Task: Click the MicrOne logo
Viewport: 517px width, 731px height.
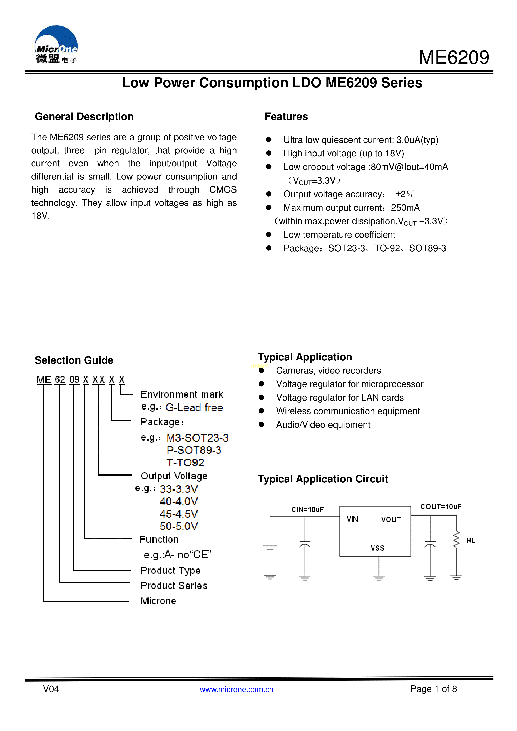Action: click(x=56, y=45)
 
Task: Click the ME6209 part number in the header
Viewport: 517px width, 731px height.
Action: click(x=454, y=58)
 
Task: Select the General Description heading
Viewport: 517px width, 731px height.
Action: click(x=84, y=116)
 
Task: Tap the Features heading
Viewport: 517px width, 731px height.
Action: click(x=286, y=116)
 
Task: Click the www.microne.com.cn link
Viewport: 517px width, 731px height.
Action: click(x=237, y=689)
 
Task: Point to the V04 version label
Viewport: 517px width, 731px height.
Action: click(x=51, y=689)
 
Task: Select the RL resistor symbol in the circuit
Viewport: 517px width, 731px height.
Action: click(x=457, y=539)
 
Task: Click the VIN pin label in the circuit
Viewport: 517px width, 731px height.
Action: click(x=352, y=519)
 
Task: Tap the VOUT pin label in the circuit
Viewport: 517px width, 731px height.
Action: click(x=391, y=519)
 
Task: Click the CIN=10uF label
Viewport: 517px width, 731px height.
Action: click(x=307, y=509)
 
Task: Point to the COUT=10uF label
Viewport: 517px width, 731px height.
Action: click(x=441, y=507)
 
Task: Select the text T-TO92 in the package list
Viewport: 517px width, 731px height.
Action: click(x=185, y=463)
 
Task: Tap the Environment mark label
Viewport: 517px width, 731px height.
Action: click(x=182, y=394)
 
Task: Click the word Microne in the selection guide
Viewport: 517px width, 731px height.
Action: click(x=158, y=601)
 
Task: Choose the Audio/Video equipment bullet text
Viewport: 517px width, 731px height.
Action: click(x=323, y=425)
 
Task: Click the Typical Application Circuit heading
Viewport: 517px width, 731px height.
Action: click(x=323, y=479)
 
